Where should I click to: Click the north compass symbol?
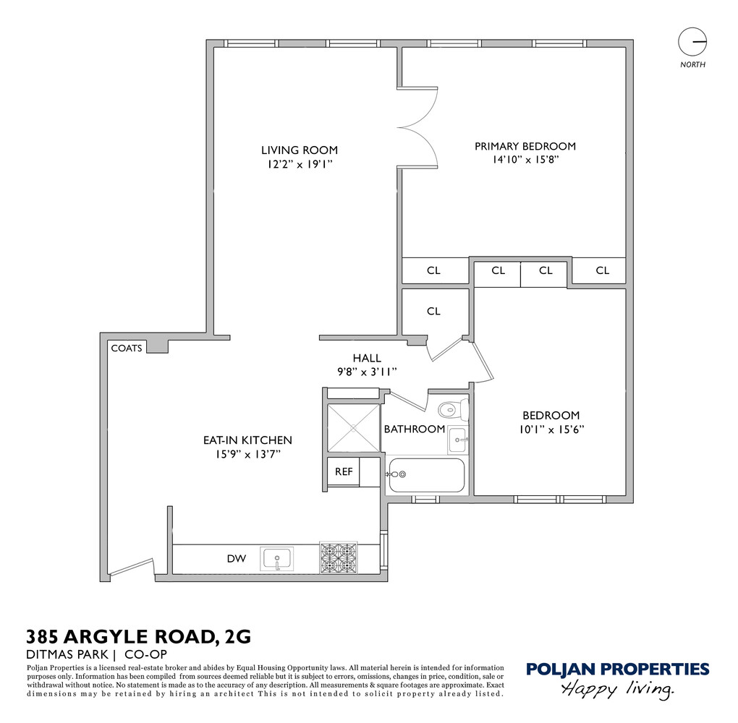coord(692,41)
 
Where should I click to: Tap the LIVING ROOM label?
coord(300,150)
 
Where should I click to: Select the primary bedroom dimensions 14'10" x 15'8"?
coord(525,160)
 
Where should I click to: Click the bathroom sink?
coord(457,440)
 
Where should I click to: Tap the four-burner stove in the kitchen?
coord(339,558)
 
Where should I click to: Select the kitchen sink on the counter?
coord(277,559)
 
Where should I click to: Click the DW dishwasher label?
coord(236,559)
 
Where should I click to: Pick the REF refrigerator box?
coord(344,472)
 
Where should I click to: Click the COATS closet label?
coord(127,348)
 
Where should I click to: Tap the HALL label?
coord(367,358)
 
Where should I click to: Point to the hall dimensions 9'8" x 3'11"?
coord(367,372)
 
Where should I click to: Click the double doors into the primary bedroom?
coord(417,129)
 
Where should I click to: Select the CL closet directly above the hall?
coord(433,312)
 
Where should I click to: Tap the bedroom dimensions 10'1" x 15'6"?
coord(551,429)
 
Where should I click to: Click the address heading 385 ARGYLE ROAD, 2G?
coord(139,637)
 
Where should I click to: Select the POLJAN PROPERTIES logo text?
coord(617,669)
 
